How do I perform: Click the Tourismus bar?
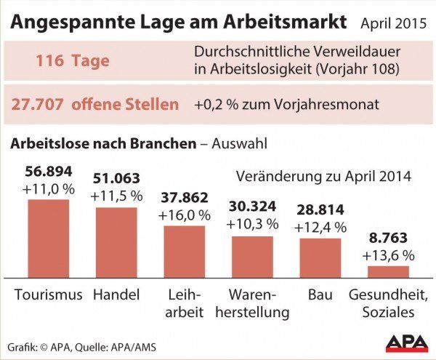pos(49,238)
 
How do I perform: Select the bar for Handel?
pos(116,242)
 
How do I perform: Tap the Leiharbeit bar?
pos(184,251)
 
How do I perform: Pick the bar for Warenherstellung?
pos(252,256)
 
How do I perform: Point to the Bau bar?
pos(320,257)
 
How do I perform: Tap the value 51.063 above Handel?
pos(117,179)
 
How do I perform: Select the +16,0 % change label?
pos(184,215)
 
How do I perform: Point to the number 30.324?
pos(252,207)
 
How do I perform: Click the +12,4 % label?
pos(320,228)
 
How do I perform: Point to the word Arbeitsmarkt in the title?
pos(286,22)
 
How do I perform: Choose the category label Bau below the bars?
pos(320,295)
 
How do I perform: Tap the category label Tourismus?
pos(49,295)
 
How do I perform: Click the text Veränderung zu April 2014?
pos(323,177)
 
